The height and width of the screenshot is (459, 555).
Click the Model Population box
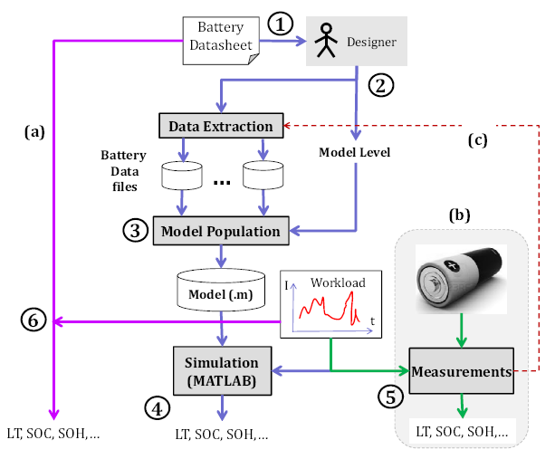click(220, 230)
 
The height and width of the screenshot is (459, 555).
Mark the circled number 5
click(390, 396)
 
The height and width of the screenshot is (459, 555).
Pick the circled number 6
click(32, 320)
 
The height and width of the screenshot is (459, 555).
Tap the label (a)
click(35, 132)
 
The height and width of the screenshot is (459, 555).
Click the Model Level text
click(355, 152)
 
